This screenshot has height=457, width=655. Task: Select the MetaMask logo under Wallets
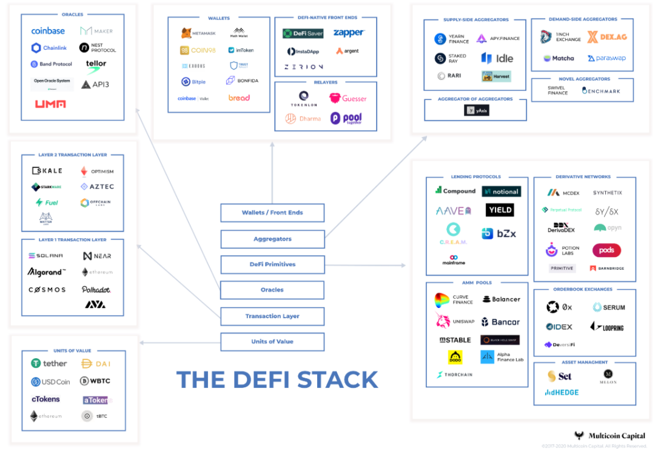(x=195, y=33)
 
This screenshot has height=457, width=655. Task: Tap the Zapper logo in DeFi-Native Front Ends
(x=349, y=33)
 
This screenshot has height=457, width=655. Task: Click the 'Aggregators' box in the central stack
(x=272, y=239)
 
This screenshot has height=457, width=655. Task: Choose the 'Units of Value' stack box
(x=272, y=342)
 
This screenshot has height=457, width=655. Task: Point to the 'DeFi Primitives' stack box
(x=272, y=264)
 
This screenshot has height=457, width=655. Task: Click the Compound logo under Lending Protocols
(x=455, y=191)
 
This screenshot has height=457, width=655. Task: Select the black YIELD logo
(x=500, y=210)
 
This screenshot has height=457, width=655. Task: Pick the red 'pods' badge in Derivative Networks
(x=606, y=250)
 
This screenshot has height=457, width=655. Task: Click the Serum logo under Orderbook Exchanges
(x=608, y=307)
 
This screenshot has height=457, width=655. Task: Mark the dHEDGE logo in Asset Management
(x=562, y=392)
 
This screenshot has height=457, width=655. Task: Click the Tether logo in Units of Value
(x=49, y=364)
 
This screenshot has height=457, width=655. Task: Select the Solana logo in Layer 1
(x=46, y=256)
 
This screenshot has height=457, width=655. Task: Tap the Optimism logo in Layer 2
(x=97, y=172)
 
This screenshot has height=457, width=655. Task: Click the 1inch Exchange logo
(x=560, y=37)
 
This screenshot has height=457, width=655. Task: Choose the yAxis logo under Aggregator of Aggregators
(x=476, y=110)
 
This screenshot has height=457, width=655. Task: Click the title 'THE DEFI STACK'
(x=277, y=380)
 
